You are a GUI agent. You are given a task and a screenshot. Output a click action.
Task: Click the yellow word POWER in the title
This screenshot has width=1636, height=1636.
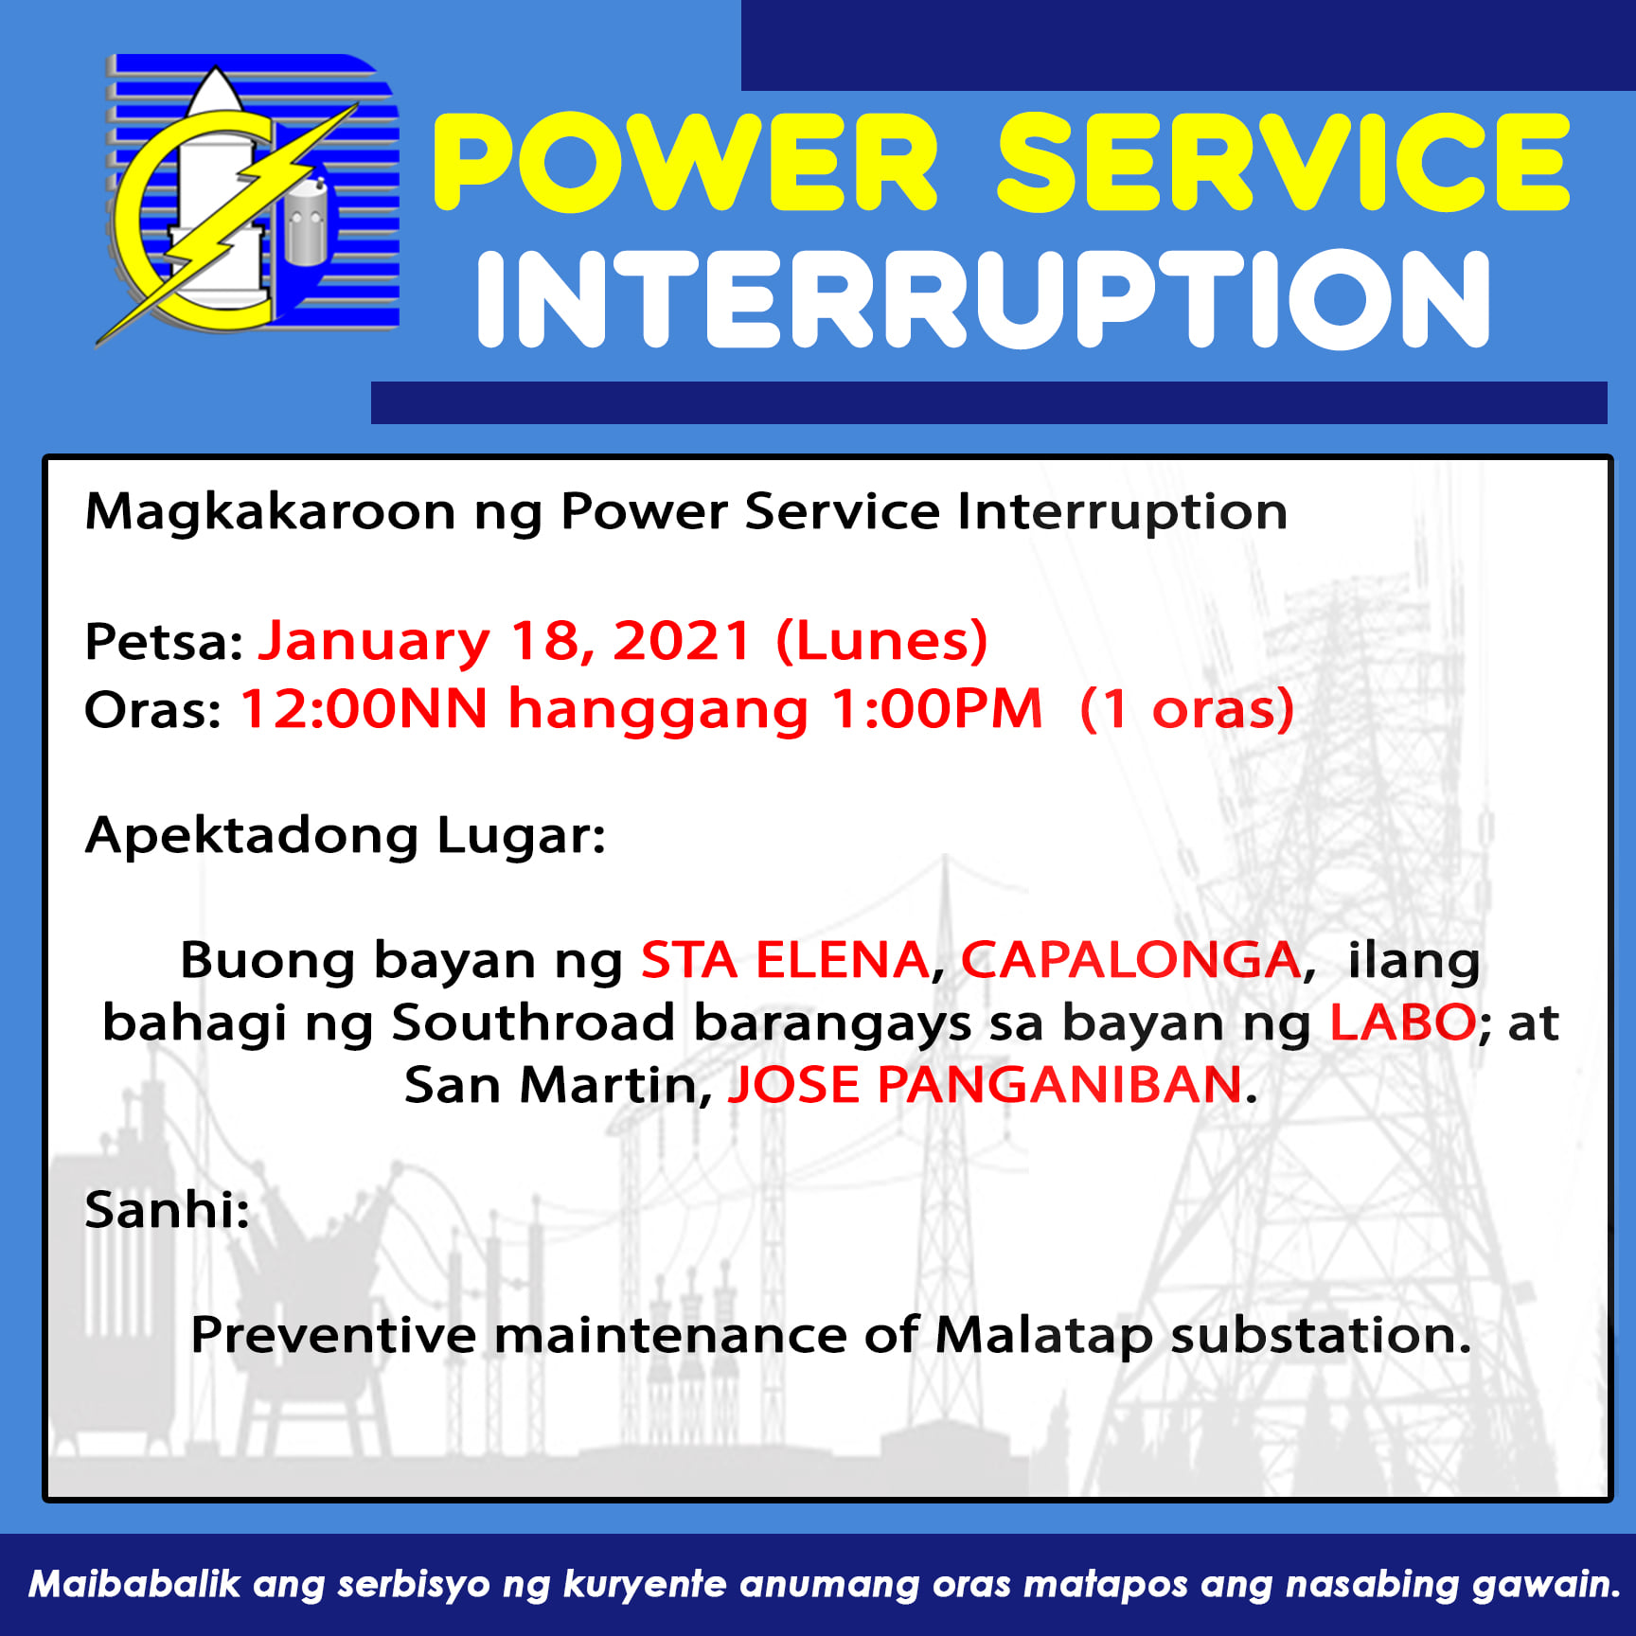(x=685, y=161)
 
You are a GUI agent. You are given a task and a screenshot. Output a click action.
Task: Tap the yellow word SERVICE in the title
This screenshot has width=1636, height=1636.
(x=1283, y=161)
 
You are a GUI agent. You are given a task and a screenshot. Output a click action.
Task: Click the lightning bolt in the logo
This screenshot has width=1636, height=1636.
(x=227, y=222)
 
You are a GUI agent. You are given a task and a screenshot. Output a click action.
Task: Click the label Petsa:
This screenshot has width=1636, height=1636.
(x=165, y=642)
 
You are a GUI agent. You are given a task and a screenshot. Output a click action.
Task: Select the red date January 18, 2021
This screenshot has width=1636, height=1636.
(x=505, y=641)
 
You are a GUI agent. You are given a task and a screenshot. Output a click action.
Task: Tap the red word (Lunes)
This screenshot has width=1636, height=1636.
(x=881, y=641)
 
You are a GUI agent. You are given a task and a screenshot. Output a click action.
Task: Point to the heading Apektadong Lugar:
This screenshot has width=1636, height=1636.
(x=346, y=836)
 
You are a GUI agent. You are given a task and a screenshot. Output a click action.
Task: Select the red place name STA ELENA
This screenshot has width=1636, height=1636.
(x=785, y=960)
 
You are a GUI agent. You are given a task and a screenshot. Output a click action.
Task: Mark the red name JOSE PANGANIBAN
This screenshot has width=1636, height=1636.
(x=985, y=1085)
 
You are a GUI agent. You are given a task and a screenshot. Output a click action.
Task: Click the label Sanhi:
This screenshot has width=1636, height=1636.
(x=168, y=1210)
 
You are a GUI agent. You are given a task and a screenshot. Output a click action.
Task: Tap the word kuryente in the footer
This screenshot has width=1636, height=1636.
(x=644, y=1584)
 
